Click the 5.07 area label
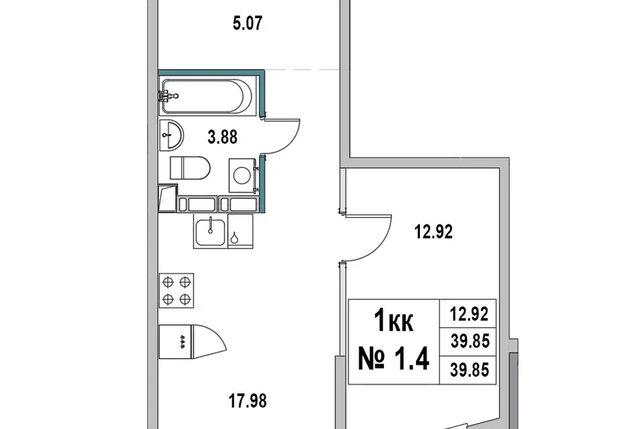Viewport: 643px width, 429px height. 247,23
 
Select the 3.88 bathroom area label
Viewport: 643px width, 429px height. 222,137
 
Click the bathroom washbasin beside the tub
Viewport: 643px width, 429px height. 171,135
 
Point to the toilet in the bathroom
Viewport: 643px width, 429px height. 190,168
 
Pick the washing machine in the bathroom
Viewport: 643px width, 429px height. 242,176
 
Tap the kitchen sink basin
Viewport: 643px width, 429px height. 210,233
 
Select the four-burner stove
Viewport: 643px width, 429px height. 176,291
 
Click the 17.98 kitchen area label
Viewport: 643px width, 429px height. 247,401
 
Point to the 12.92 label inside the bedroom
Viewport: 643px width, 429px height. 433,232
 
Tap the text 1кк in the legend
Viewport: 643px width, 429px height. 394,321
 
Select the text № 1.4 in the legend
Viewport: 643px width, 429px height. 394,359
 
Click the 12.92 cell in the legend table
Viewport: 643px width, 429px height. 469,314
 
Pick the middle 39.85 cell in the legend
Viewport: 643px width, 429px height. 470,341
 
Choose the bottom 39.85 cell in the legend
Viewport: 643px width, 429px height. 470,370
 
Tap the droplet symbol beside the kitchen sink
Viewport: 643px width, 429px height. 234,238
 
